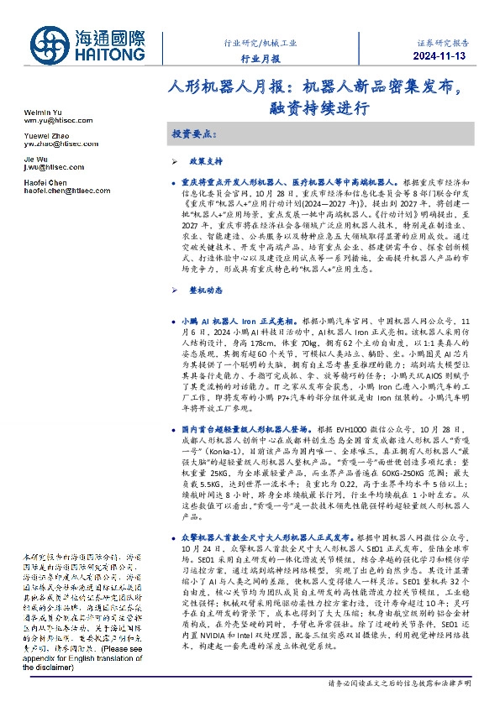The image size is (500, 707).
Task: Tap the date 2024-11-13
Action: [x=445, y=56]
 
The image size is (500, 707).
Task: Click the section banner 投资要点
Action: [x=192, y=134]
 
